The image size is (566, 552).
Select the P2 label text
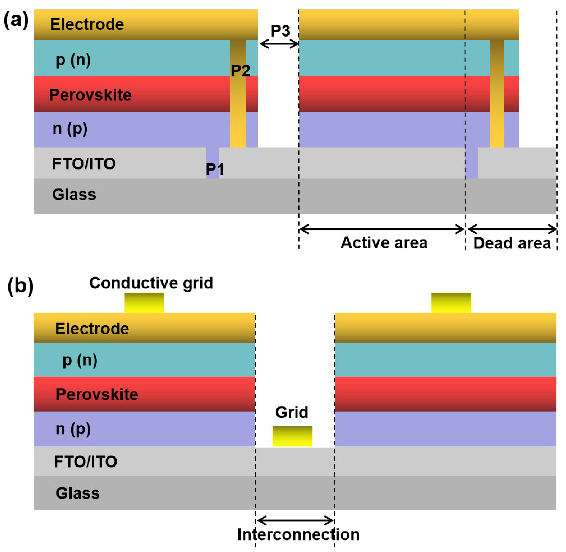[240, 70]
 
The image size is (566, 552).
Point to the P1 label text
[215, 169]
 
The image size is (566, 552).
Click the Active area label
[384, 243]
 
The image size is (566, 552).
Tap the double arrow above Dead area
[512, 229]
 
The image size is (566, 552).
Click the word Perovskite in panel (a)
[90, 95]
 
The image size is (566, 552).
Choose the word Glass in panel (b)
[77, 493]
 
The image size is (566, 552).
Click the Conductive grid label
[151, 283]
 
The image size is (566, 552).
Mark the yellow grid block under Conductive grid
[144, 303]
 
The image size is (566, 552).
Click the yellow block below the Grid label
[292, 436]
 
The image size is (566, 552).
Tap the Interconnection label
[298, 534]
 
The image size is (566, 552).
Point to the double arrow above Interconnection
[295, 521]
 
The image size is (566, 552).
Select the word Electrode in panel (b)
[92, 329]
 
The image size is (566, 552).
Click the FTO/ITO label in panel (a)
[84, 164]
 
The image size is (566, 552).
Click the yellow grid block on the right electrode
[451, 303]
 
